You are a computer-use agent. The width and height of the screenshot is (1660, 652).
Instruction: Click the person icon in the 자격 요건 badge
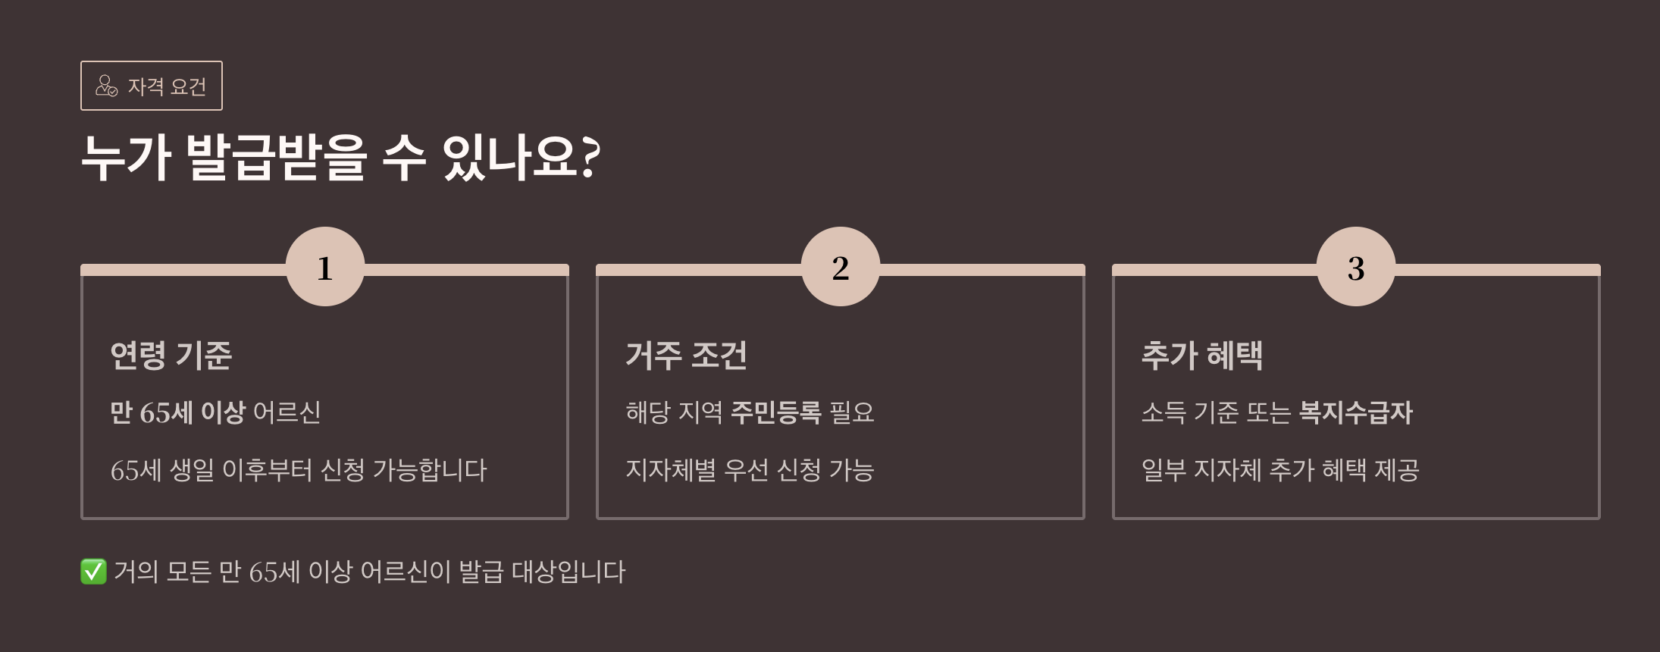click(x=106, y=86)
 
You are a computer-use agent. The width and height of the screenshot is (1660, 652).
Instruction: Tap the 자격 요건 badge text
click(x=167, y=86)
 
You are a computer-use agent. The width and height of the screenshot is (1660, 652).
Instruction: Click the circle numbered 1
click(x=325, y=267)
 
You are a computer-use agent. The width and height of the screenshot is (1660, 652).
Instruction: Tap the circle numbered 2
click(x=841, y=267)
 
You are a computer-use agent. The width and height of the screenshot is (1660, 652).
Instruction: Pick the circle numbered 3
click(x=1356, y=267)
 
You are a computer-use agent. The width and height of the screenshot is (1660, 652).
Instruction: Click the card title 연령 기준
click(x=171, y=356)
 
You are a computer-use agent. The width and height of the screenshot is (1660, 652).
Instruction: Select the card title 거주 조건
click(x=687, y=356)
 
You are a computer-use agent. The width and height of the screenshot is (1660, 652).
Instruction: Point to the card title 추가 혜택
click(x=1202, y=356)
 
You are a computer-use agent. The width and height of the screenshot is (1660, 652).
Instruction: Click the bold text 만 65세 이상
click(x=177, y=412)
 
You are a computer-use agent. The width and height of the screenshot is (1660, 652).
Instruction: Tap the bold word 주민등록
click(x=775, y=412)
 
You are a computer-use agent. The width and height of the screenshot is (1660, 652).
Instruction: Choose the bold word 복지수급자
click(x=1355, y=412)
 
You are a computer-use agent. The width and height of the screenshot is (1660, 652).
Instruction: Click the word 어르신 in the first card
click(x=287, y=412)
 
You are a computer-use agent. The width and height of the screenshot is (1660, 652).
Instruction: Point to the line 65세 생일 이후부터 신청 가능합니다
click(x=299, y=470)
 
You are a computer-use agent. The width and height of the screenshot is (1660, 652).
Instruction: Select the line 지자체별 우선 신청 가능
click(x=750, y=470)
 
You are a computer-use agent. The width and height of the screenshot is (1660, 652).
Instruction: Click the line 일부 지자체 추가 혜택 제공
click(x=1280, y=470)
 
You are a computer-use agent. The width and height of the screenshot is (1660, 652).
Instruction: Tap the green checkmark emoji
click(x=93, y=572)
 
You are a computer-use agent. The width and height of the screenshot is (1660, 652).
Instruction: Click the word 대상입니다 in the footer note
click(x=568, y=572)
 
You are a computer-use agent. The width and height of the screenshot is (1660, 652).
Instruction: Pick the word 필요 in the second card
click(x=852, y=412)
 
